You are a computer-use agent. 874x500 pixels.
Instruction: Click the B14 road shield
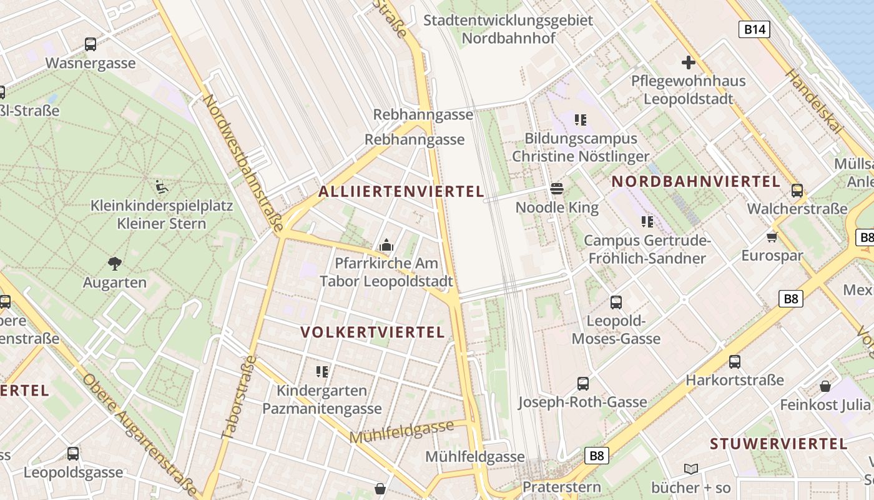point(754,29)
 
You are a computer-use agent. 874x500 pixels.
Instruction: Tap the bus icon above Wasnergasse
point(91,44)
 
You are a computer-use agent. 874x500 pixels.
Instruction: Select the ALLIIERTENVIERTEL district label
point(401,192)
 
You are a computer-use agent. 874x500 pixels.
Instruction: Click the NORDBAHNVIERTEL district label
point(695,182)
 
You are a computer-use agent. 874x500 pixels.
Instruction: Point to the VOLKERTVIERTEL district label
point(373,332)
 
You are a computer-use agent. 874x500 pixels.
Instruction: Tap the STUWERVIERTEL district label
point(778,444)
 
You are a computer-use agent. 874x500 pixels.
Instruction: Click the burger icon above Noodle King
point(557,189)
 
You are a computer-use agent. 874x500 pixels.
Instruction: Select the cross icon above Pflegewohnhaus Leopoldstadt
point(688,62)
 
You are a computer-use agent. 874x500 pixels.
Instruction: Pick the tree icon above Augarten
point(114,264)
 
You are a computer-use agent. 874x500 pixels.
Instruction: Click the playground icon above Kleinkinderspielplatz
point(161,186)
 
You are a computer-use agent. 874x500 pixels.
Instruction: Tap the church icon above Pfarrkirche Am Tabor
point(386,245)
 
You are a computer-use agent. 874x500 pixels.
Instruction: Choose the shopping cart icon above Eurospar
point(772,237)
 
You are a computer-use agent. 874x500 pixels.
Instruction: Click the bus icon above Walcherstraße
point(797,191)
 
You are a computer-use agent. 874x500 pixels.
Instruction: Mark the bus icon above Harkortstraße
point(734,361)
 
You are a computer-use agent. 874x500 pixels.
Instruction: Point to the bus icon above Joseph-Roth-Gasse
point(582,383)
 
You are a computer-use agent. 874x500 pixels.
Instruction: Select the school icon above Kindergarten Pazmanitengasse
point(322,372)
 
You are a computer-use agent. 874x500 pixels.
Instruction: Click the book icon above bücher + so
point(690,469)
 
